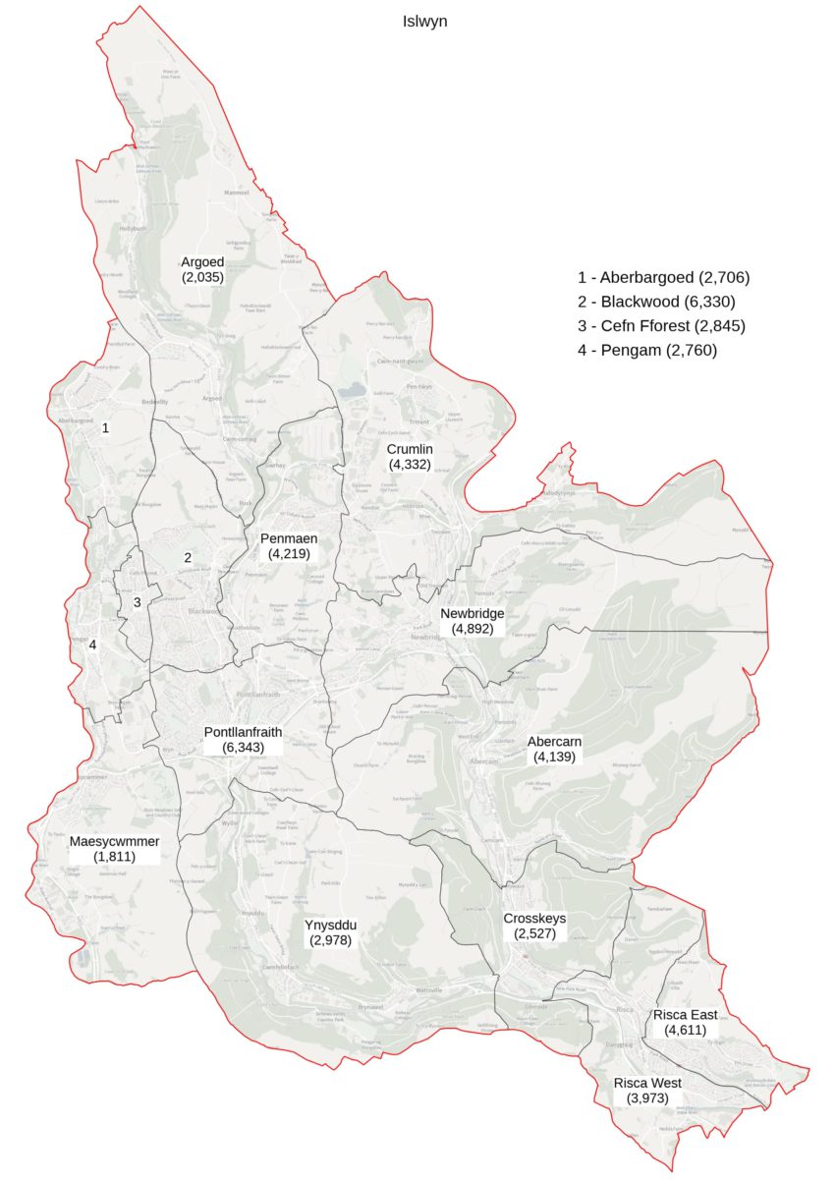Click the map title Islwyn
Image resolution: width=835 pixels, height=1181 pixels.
424,21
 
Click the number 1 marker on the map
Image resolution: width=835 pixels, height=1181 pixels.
105,428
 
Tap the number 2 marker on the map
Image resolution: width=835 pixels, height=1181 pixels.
187,558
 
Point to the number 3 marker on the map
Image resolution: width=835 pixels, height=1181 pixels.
138,602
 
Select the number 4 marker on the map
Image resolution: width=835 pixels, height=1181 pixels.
92,646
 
